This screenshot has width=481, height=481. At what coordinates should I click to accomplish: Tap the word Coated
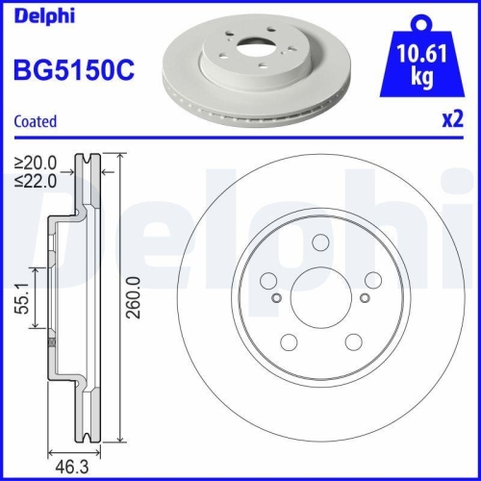click(35, 121)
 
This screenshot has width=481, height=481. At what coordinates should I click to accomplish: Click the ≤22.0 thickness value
click(36, 179)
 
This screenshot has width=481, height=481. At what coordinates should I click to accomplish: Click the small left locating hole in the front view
click(277, 297)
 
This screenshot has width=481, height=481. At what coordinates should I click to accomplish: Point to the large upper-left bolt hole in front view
click(268, 280)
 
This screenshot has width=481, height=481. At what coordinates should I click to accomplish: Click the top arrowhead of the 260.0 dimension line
click(118, 160)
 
